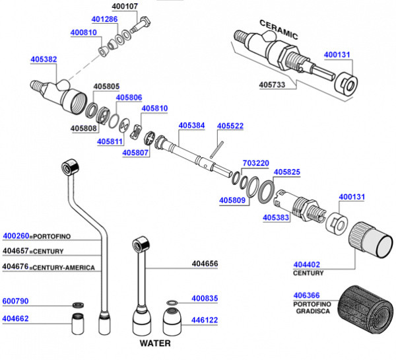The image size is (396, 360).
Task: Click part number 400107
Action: point(125,6)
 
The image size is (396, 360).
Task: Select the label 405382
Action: point(44,59)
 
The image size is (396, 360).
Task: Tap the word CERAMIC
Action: point(279,30)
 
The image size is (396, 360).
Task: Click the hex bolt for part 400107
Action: point(141,25)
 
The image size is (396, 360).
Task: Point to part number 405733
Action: point(272,85)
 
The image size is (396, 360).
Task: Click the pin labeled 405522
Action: point(216,150)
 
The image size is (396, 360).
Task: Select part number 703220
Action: point(256,163)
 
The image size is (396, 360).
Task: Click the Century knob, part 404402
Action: point(371,240)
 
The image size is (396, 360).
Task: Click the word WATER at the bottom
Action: point(155,343)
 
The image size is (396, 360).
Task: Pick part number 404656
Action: point(205,264)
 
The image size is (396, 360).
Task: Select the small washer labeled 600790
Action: point(79,305)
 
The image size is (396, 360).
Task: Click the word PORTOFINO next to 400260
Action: point(52,236)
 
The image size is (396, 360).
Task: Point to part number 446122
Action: point(205,320)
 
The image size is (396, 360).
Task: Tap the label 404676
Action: point(15,267)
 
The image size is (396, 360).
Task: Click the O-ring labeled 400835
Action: point(172,303)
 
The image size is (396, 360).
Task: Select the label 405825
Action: point(287,172)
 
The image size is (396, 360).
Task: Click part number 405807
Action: point(135,153)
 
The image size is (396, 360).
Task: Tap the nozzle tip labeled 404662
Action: point(78,324)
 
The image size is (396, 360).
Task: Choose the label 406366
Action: point(306,295)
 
